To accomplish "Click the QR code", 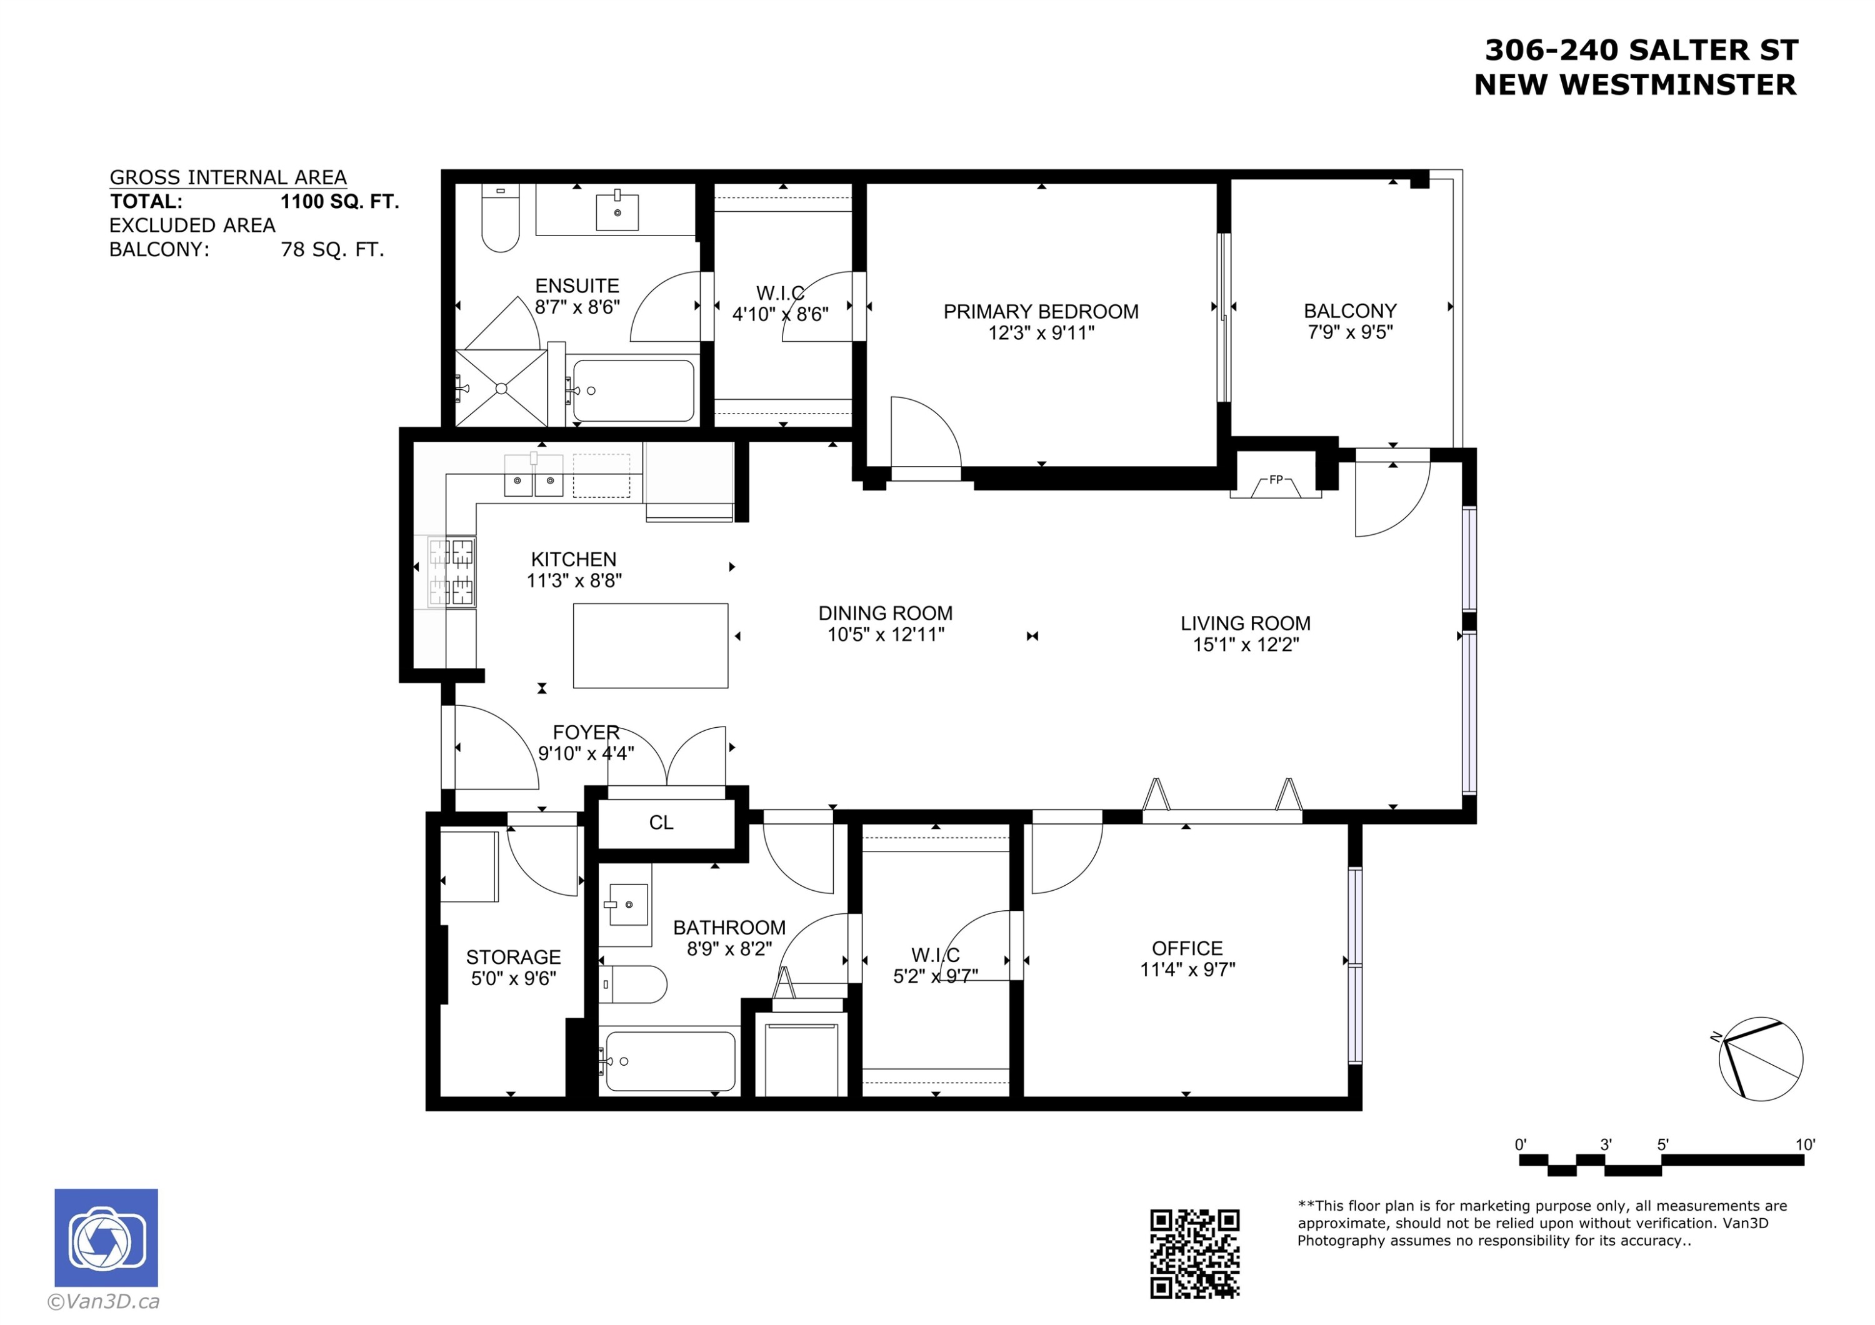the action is point(1195,1254).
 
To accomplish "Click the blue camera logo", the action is point(106,1238).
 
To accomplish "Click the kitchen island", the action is point(650,646).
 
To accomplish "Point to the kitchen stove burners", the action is point(452,572).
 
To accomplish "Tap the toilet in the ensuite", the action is point(500,218).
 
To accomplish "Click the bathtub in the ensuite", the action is point(634,391).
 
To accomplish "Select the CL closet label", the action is point(661,822).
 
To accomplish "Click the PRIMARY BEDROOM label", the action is point(1041,312).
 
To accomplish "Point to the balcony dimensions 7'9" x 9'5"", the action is point(1350,332).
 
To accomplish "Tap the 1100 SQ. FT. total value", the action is point(340,202).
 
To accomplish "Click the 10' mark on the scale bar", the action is point(1805,1144).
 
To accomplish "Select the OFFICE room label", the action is point(1187,949).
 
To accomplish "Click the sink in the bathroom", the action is point(629,905).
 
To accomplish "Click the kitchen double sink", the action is point(534,476).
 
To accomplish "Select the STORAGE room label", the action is point(514,957).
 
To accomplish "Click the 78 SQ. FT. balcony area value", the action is point(332,250).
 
